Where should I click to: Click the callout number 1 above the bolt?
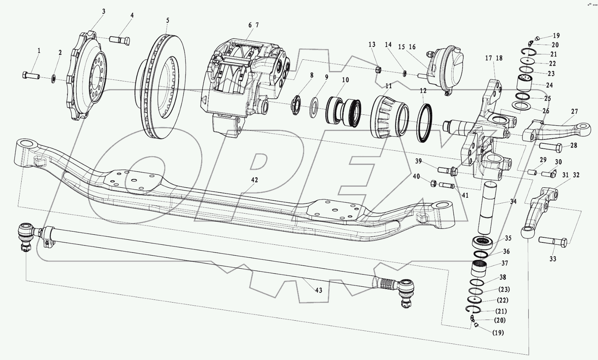click(x=39, y=50)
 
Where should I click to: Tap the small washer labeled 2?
click(x=53, y=79)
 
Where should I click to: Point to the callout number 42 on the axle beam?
click(x=254, y=180)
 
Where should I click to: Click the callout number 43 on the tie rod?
click(x=318, y=290)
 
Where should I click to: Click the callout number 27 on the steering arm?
click(x=574, y=112)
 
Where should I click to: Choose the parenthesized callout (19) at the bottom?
click(x=498, y=333)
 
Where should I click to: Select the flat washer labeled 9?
click(x=314, y=108)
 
